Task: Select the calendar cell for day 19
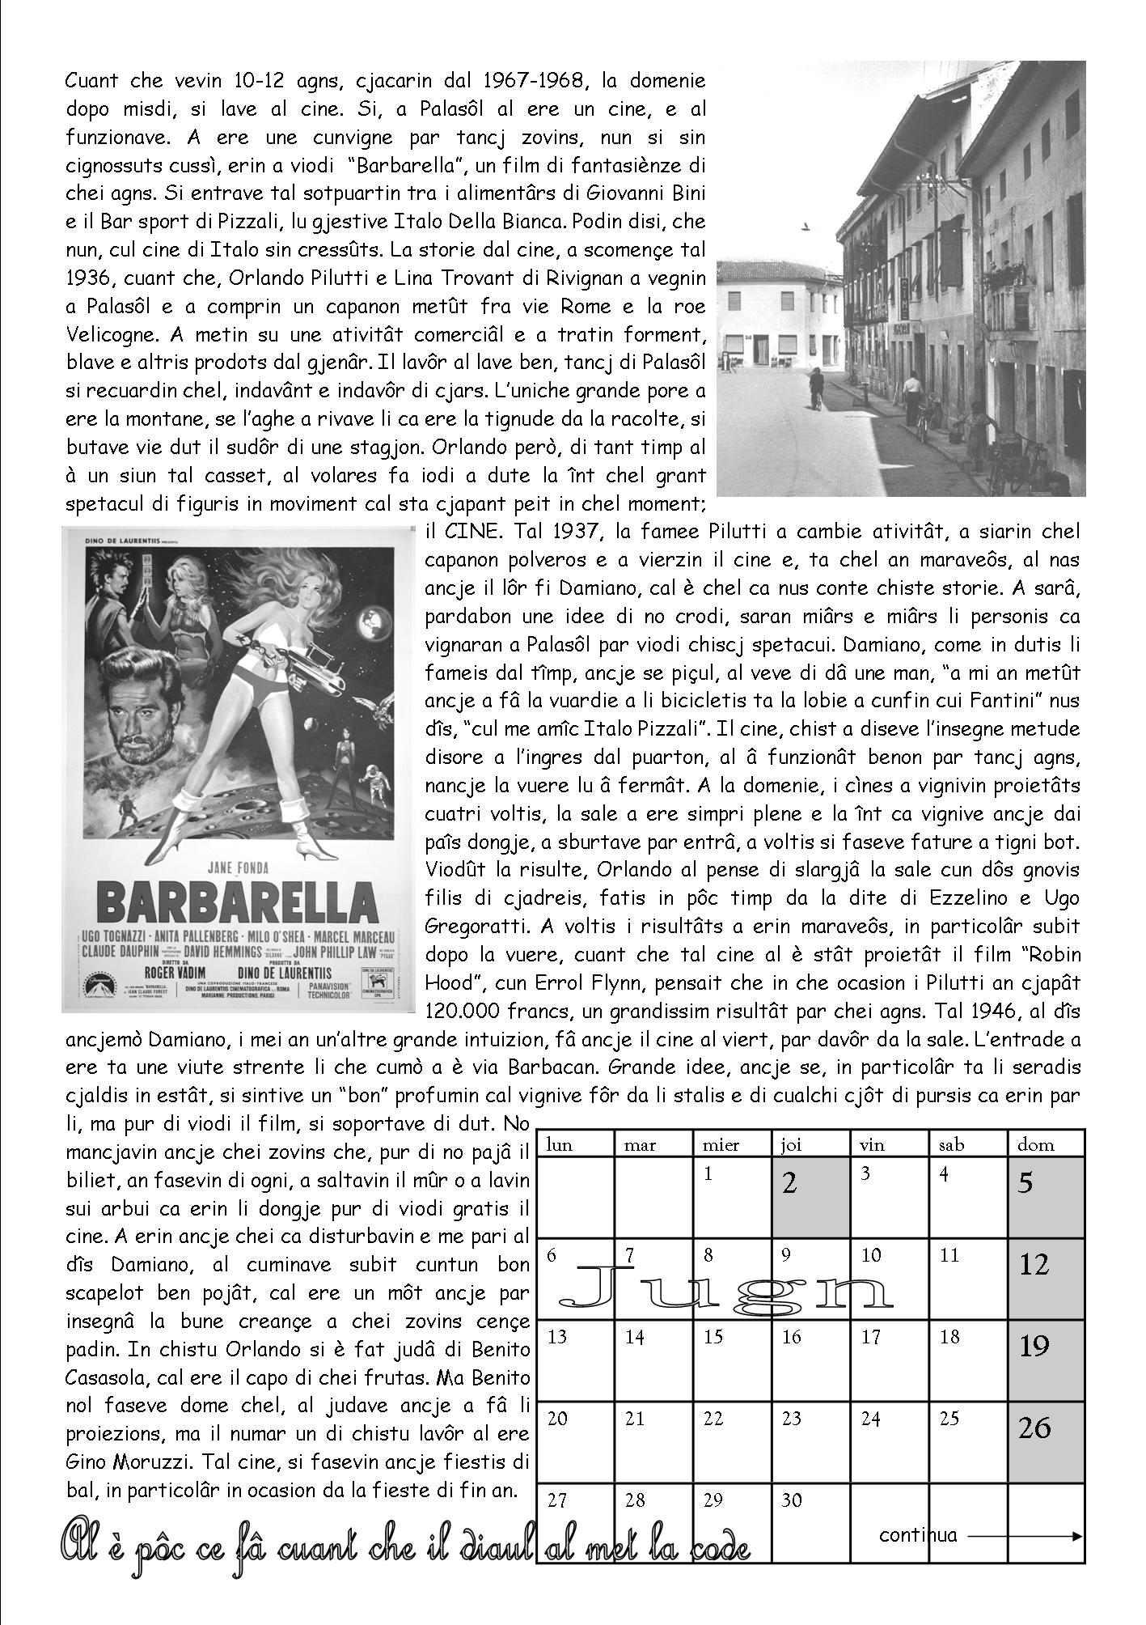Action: click(x=1047, y=1363)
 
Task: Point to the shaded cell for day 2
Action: click(x=810, y=1195)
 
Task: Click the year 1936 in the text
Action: click(x=86, y=278)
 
